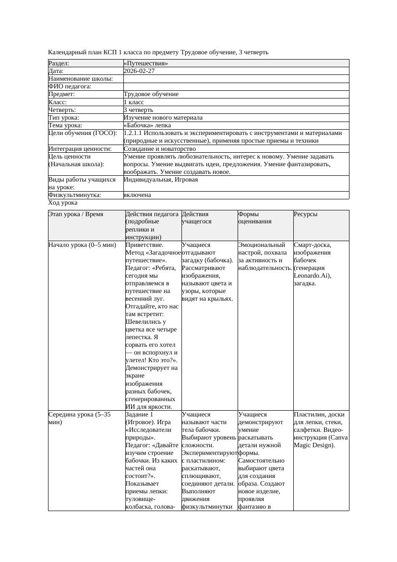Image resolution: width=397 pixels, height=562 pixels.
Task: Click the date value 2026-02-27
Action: click(x=139, y=71)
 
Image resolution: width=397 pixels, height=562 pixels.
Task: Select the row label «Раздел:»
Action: click(x=59, y=63)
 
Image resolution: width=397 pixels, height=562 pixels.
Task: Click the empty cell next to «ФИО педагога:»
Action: click(x=236, y=86)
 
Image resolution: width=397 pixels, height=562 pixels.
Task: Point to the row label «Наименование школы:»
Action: click(x=81, y=79)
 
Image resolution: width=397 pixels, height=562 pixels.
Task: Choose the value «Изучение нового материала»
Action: click(x=163, y=118)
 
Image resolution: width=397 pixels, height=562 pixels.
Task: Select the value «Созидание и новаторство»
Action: click(x=159, y=149)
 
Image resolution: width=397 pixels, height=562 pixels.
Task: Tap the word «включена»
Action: click(x=137, y=195)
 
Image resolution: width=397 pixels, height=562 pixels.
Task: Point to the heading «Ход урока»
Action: click(x=63, y=203)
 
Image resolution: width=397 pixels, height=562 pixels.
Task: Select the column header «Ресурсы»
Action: click(x=305, y=214)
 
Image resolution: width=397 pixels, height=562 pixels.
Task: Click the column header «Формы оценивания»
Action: click(x=255, y=218)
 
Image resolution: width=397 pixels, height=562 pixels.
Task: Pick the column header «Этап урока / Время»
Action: click(x=76, y=214)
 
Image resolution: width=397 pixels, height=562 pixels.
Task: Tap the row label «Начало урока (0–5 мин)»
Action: click(x=82, y=245)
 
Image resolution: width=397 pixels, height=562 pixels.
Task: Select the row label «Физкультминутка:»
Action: click(x=74, y=195)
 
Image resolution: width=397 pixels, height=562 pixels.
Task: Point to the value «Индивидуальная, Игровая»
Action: click(x=160, y=180)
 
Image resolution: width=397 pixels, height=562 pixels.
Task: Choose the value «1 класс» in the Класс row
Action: click(x=134, y=102)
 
